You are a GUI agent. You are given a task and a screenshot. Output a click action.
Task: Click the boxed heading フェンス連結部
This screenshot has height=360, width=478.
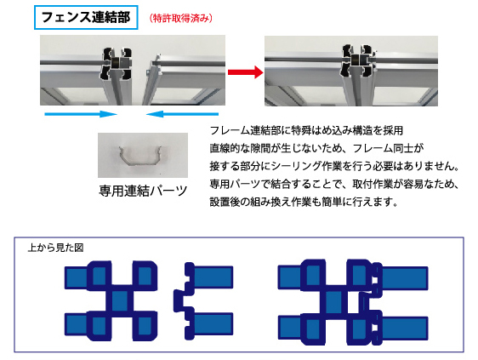pos(86,17)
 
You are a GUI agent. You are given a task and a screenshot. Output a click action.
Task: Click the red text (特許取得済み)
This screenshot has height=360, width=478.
pos(181,19)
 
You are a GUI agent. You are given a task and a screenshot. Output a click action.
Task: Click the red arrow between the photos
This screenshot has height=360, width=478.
pos(246,72)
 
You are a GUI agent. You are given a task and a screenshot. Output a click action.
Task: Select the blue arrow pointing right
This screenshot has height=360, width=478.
pos(81,114)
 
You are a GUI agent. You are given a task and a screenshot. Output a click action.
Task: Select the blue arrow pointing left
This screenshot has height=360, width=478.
pos(182,114)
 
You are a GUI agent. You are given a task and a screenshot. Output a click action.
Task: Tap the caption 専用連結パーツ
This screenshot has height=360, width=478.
pos(143,191)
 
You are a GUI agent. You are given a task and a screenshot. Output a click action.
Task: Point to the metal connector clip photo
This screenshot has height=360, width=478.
pos(143,155)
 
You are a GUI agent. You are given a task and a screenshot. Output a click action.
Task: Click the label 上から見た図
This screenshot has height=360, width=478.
pos(55,248)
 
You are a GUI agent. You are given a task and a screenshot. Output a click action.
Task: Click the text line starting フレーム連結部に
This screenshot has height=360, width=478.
pos(306,130)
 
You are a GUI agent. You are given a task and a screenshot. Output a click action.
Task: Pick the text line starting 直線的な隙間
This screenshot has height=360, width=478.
pos(316,148)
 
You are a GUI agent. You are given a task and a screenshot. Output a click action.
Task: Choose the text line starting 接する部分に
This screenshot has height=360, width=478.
pos(334,166)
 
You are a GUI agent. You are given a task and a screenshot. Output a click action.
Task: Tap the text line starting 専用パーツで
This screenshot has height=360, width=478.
pos(334,184)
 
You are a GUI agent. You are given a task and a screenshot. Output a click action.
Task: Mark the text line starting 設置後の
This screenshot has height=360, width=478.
pos(304,202)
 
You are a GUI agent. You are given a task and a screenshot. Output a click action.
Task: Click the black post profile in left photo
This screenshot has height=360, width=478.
pos(117,63)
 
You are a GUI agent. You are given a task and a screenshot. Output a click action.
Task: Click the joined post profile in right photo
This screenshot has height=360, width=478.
pos(357,60)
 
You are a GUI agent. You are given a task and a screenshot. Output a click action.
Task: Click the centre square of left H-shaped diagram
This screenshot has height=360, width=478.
pos(120,300)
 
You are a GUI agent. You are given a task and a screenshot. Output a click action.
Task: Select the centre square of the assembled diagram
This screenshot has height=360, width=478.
pos(333,301)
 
